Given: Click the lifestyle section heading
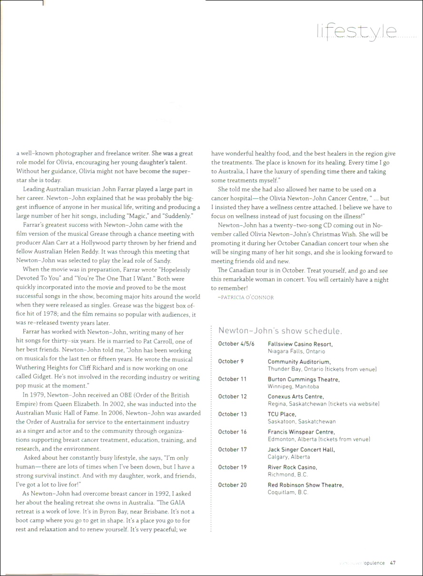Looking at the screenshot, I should (357, 31).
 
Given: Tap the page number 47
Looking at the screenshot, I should (393, 562).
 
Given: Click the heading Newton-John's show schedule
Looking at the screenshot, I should (280, 331).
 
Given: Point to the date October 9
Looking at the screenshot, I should (231, 361).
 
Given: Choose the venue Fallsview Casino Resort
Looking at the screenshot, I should (300, 344).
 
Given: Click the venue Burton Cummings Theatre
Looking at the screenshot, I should (304, 379).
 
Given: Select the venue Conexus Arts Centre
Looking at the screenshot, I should (295, 397).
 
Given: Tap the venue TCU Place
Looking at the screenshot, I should (282, 414).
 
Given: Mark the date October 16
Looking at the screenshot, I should (233, 432).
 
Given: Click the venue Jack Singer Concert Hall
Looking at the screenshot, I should (301, 449).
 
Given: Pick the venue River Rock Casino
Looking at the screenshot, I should (292, 467).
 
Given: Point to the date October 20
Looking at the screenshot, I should (233, 485).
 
